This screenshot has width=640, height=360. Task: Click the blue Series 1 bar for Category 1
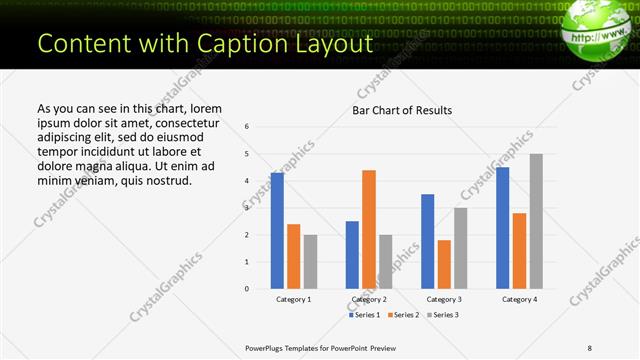(277, 231)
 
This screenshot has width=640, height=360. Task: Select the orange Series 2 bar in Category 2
(368, 229)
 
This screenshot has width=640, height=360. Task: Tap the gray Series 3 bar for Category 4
(536, 221)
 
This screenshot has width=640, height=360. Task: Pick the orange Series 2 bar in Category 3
(444, 264)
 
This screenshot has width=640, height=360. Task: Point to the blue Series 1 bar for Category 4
(502, 228)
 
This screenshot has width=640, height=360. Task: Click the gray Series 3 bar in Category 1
(310, 262)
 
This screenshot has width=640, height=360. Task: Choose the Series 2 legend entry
(403, 315)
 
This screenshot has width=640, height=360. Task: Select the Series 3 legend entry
(443, 315)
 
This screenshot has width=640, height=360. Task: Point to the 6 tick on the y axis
(247, 127)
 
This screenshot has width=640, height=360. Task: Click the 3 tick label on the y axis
(247, 208)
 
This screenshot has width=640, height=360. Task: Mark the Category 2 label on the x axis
(368, 299)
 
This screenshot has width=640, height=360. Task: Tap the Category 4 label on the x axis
(519, 299)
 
